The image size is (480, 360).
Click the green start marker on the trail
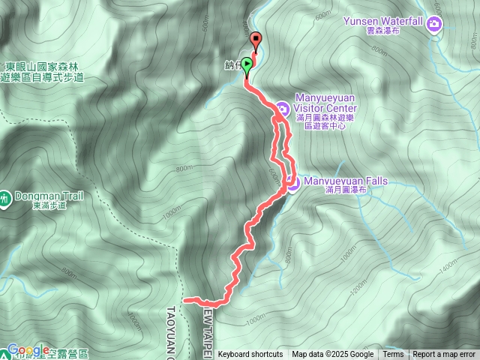(x=247, y=65)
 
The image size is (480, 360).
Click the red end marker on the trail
(x=256, y=41)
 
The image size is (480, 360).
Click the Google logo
(x=28, y=350)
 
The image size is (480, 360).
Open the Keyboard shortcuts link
(x=250, y=355)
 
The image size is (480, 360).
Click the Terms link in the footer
(x=393, y=355)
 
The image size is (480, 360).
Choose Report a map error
(x=444, y=355)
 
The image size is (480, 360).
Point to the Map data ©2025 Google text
(x=333, y=355)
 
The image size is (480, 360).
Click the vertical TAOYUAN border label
(x=170, y=330)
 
